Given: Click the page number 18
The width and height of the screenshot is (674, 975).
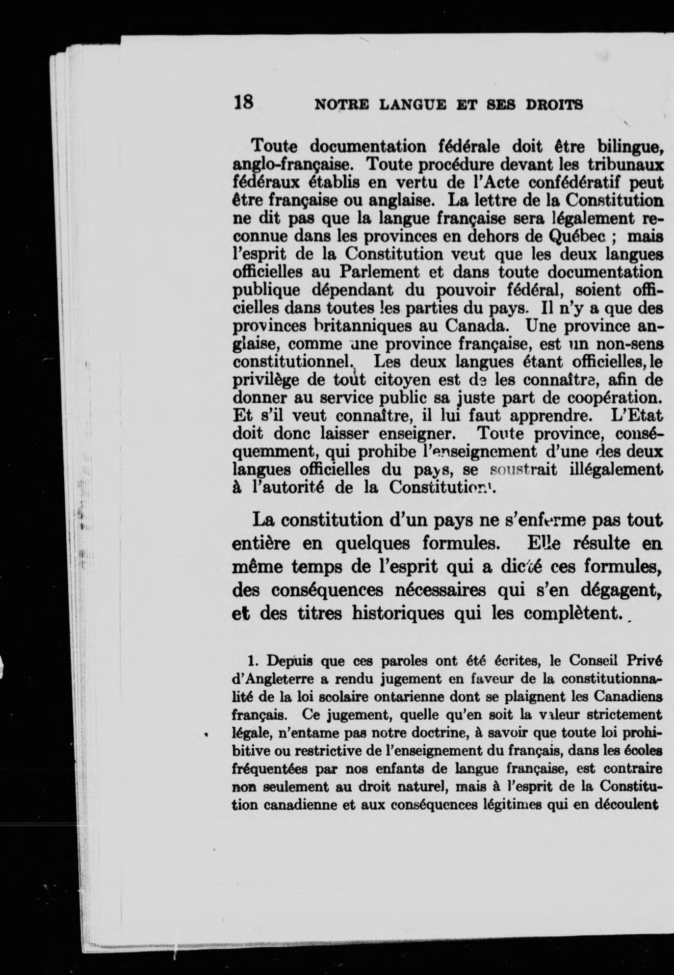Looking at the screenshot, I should (x=243, y=102).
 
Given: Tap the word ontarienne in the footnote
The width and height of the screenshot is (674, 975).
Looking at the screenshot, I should (x=423, y=696).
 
